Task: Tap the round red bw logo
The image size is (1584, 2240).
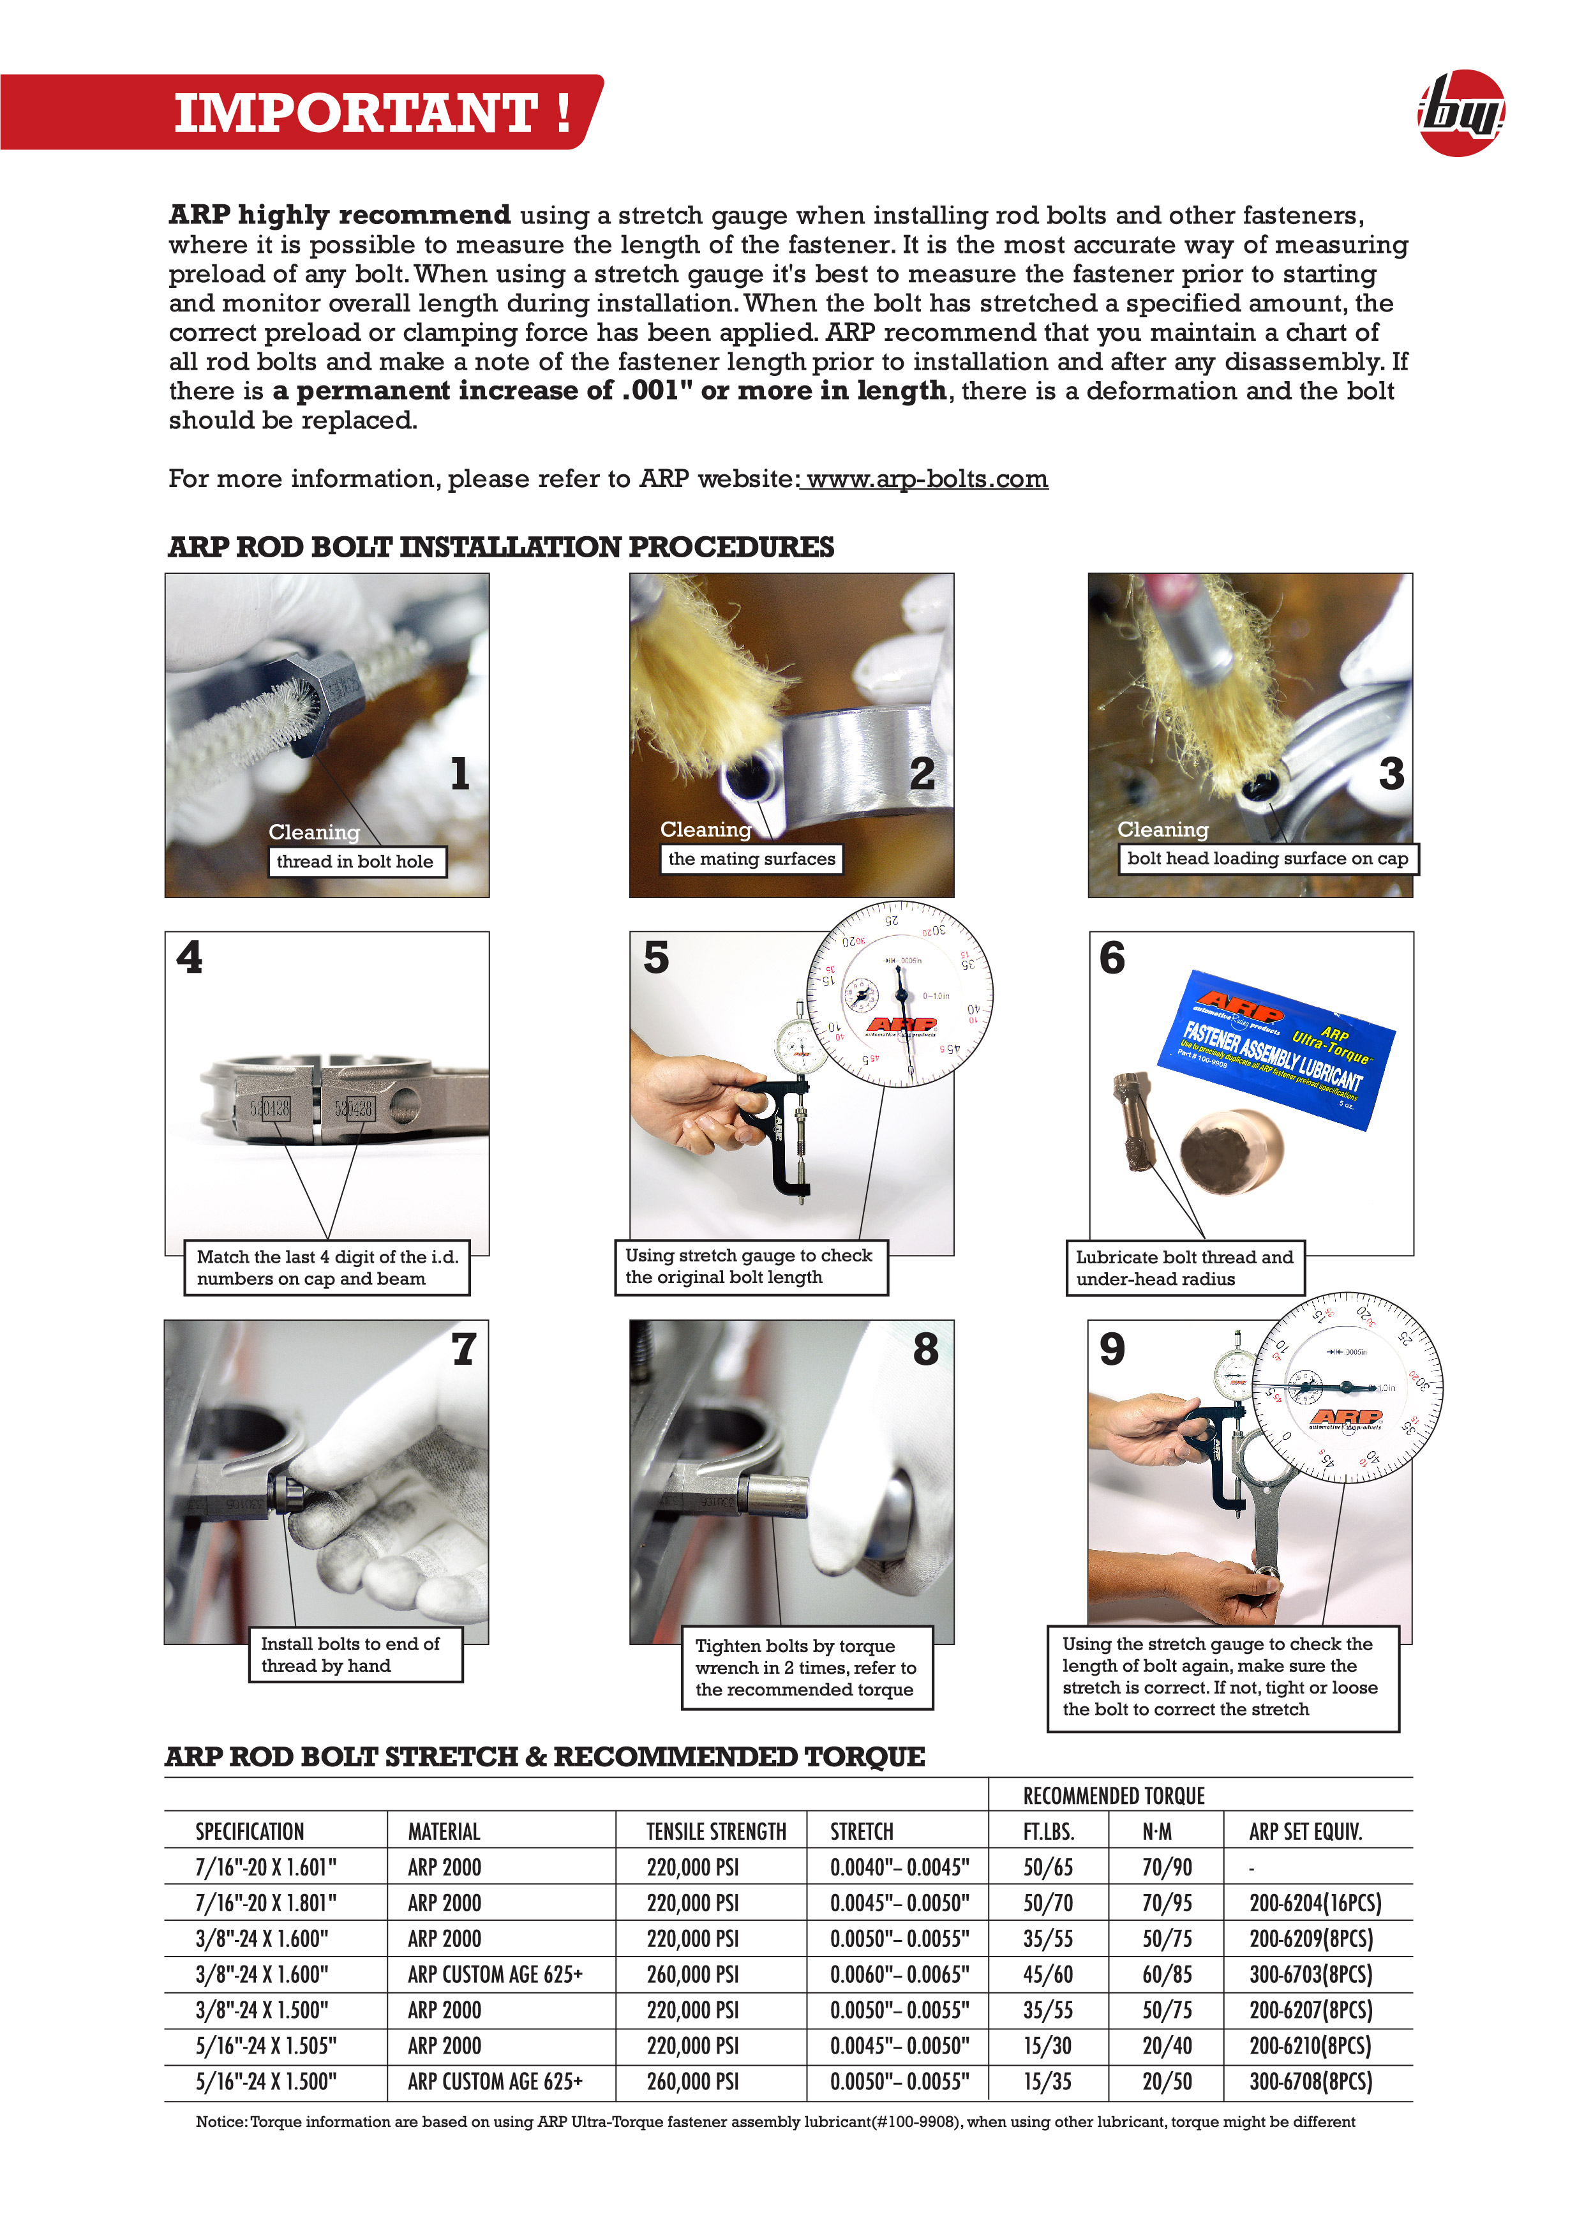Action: tap(1460, 113)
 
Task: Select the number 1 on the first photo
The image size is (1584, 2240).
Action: tap(460, 774)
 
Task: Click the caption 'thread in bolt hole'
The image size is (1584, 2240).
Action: tap(355, 861)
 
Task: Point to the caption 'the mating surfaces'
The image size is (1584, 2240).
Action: tap(751, 859)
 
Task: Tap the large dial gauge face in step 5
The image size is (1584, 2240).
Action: tap(899, 995)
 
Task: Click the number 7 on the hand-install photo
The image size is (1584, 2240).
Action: tap(463, 1349)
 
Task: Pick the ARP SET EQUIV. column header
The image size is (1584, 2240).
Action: tap(1305, 1832)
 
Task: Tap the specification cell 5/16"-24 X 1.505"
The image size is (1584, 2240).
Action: tap(265, 2046)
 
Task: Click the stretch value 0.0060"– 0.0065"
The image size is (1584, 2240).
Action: tap(899, 1974)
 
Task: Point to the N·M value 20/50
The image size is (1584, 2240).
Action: tap(1167, 2082)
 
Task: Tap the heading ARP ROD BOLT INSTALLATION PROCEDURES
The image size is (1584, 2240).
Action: tap(500, 547)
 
